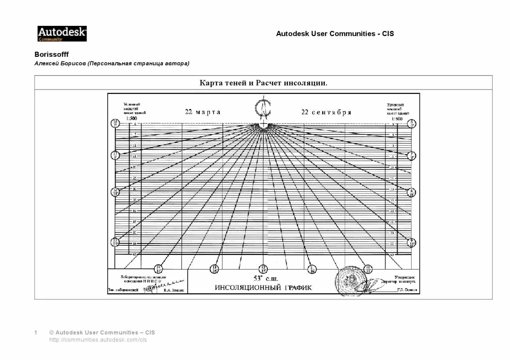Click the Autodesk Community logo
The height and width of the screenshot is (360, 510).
pyautogui.click(x=62, y=34)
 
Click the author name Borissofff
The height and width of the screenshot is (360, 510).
pyautogui.click(x=52, y=54)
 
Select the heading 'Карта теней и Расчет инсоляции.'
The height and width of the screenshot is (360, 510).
pyautogui.click(x=263, y=83)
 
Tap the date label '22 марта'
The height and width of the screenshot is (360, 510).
pyautogui.click(x=203, y=112)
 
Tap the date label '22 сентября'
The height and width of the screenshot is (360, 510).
pyautogui.click(x=326, y=112)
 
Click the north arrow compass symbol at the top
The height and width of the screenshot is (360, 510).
pyautogui.click(x=263, y=108)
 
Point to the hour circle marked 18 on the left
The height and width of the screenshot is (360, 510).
pyautogui.click(x=115, y=123)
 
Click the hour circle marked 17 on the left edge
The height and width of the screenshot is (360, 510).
pyautogui.click(x=115, y=155)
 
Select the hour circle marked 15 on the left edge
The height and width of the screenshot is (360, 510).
pyautogui.click(x=115, y=242)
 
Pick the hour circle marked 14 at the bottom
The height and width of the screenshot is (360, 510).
pyautogui.click(x=158, y=269)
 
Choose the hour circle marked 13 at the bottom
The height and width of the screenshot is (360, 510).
pyautogui.click(x=214, y=269)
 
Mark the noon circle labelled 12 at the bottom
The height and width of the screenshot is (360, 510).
pyautogui.click(x=263, y=269)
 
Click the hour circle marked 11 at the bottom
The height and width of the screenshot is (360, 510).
pyautogui.click(x=312, y=269)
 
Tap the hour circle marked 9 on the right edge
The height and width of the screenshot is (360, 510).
pyautogui.click(x=411, y=242)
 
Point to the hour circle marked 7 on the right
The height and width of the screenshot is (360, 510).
pyautogui.click(x=411, y=156)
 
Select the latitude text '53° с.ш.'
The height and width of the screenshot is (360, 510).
pyautogui.click(x=266, y=279)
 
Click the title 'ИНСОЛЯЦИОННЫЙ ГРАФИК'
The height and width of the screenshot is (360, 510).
pyautogui.click(x=263, y=288)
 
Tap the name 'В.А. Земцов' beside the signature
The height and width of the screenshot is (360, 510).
pyautogui.click(x=173, y=290)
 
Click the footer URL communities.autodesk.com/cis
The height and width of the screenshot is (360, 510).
pyautogui.click(x=98, y=340)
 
